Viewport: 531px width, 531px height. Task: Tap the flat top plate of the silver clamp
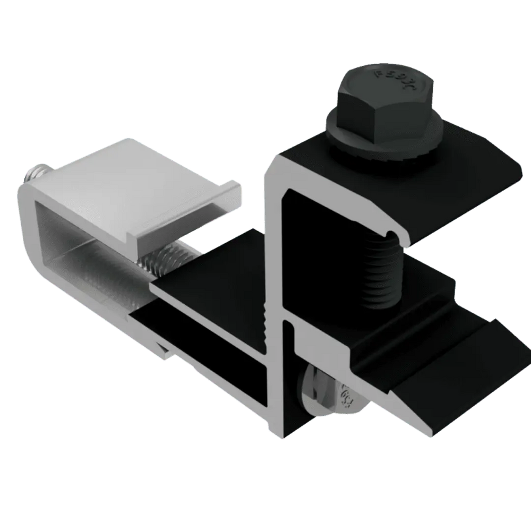point(133,181)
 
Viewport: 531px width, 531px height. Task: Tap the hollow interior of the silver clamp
point(80,250)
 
